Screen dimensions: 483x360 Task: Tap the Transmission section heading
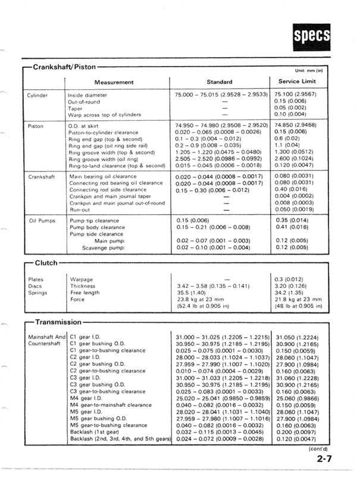[x=58, y=322]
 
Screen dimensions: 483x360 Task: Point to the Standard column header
[x=219, y=81]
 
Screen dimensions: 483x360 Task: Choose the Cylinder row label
[x=37, y=95]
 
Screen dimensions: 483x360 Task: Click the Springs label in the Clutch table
[x=37, y=293]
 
